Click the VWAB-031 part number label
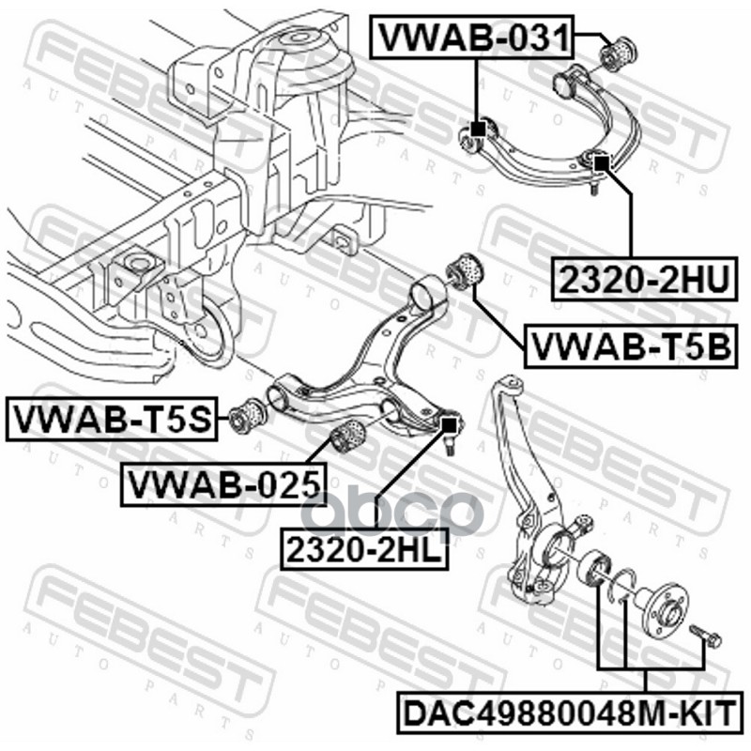coord(473,38)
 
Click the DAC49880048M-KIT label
coord(569,710)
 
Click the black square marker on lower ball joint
coord(449,424)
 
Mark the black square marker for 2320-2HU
coord(602,162)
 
